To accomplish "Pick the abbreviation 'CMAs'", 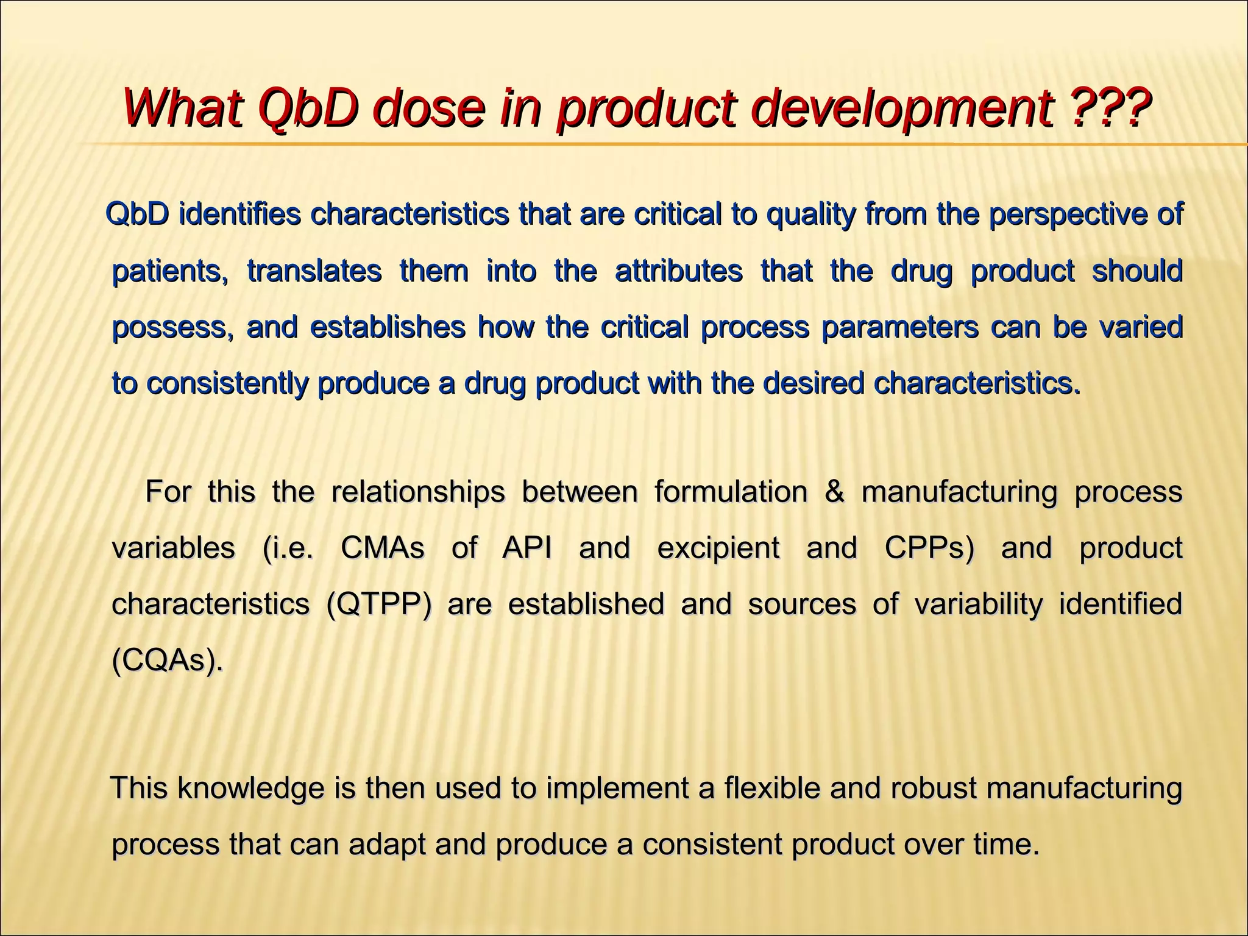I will click(382, 548).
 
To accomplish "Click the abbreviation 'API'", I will click(527, 548).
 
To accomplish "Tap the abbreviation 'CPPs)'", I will click(929, 548).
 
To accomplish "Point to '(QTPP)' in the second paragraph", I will click(378, 604).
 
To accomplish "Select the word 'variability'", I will click(979, 604).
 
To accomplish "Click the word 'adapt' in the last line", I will click(386, 845).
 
